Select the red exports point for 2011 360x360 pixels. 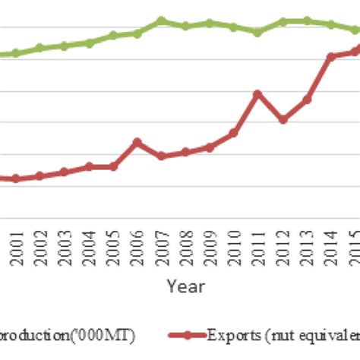click(x=257, y=93)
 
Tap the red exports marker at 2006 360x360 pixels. click(x=137, y=141)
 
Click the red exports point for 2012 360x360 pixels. click(x=282, y=120)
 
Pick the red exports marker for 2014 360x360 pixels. click(x=330, y=56)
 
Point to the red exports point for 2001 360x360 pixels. click(x=16, y=178)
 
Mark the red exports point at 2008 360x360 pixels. click(x=185, y=152)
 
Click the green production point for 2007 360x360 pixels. click(x=161, y=21)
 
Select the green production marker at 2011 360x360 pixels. click(x=257, y=33)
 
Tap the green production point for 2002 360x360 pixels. click(x=40, y=48)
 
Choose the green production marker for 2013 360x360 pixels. click(x=306, y=21)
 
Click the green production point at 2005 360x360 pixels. click(x=112, y=35)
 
